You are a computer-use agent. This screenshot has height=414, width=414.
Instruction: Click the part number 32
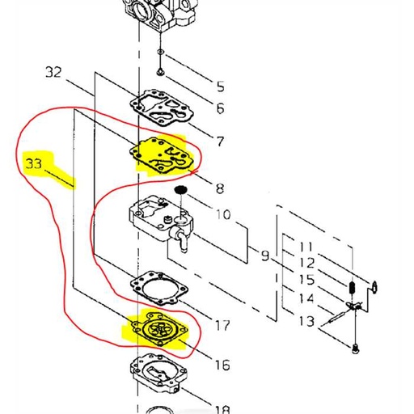[x=53, y=72]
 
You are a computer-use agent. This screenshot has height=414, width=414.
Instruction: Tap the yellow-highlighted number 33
[x=35, y=164]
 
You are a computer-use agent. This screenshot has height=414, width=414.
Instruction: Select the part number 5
[x=219, y=87]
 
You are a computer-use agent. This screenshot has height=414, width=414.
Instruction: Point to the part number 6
[x=219, y=108]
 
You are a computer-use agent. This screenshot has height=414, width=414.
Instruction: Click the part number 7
[x=219, y=141]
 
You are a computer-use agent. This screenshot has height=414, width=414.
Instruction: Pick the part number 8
[x=220, y=188]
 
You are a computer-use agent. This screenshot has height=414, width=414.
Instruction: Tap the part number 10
[x=222, y=215]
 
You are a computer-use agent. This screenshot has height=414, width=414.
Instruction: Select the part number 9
[x=264, y=257]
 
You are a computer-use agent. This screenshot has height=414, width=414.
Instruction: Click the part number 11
[x=306, y=246]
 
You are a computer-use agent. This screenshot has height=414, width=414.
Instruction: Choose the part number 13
[x=306, y=322]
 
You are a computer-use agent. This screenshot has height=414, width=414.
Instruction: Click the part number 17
[x=222, y=327]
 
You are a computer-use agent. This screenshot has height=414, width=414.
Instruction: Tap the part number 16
[x=222, y=365]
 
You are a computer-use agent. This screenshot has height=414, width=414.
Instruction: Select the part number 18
[x=222, y=409]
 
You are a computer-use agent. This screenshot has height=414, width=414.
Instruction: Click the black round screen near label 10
[x=182, y=190]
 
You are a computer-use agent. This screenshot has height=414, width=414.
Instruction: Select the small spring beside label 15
[x=352, y=288]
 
